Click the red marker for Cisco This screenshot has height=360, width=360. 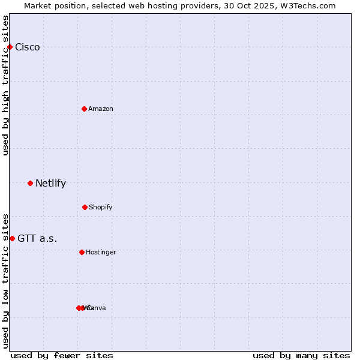click(10, 47)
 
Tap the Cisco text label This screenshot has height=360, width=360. click(28, 47)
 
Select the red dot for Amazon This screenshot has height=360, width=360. click(85, 109)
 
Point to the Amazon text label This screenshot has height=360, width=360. click(101, 109)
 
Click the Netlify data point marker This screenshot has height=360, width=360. click(30, 183)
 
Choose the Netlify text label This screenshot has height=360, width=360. click(50, 184)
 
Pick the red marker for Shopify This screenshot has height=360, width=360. click(85, 207)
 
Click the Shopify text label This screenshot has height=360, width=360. click(101, 207)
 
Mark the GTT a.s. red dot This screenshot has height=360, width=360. click(12, 238)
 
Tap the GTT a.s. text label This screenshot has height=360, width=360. click(37, 239)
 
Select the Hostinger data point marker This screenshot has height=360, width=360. click(82, 252)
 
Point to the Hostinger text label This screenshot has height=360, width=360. click(101, 252)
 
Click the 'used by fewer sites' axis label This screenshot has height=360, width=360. click(62, 355)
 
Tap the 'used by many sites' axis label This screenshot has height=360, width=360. click(301, 355)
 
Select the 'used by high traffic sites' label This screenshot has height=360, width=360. click(5, 85)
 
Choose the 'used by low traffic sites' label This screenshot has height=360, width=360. click(5, 280)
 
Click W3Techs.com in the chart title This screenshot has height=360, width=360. click(308, 5)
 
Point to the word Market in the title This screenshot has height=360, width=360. click(38, 5)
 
